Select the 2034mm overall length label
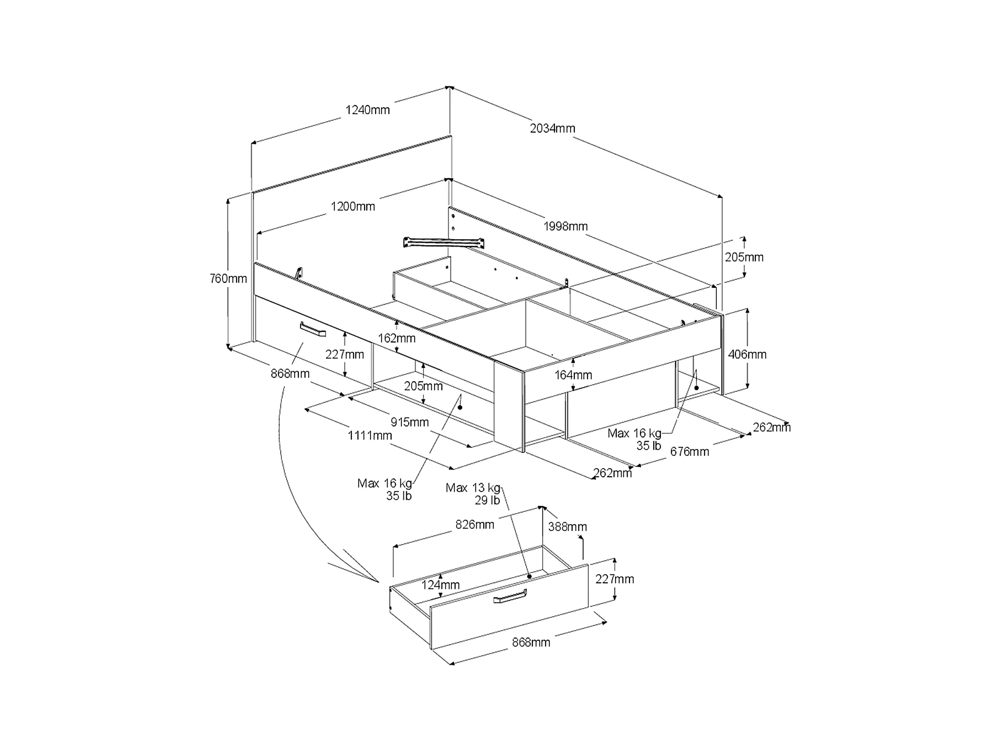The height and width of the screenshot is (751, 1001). tap(553, 129)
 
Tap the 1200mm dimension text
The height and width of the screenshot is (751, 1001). tap(353, 206)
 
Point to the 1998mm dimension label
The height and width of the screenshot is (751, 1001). tap(565, 226)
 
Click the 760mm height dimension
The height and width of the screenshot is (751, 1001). tap(229, 279)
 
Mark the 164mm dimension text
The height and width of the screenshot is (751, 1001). tap(573, 375)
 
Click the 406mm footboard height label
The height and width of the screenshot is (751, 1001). tap(747, 354)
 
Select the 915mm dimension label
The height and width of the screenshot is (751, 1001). tap(410, 422)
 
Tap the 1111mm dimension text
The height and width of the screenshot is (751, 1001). tap(370, 436)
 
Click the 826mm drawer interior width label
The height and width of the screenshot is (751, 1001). tap(475, 525)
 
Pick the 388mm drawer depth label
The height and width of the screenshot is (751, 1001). tap(568, 527)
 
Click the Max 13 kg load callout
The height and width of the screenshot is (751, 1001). tap(473, 488)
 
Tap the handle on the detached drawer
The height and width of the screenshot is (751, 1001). tap(510, 597)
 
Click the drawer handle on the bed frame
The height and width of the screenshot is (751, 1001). tap(313, 329)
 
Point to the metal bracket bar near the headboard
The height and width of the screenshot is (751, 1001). tap(444, 242)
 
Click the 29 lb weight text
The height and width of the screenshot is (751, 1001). tap(488, 501)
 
